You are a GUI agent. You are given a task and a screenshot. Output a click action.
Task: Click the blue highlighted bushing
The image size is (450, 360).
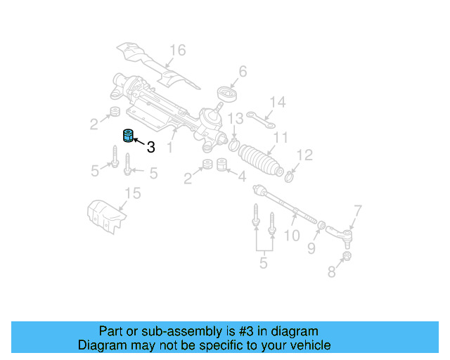point(128,135)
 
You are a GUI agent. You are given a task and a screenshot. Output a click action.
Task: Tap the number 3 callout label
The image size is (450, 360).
point(150,147)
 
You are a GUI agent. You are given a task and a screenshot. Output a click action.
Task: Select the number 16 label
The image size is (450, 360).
point(177,50)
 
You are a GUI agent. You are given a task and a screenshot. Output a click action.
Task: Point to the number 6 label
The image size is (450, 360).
point(243,71)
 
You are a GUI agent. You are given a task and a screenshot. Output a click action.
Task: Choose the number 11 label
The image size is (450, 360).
point(281,138)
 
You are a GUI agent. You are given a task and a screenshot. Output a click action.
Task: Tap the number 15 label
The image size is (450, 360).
point(132,193)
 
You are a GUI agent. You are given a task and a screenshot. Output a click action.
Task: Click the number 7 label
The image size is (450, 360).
point(357,210)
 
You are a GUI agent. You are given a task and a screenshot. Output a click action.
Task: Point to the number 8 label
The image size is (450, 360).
point(331,271)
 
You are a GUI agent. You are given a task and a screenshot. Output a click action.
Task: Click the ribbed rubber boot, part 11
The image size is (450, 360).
point(261,160)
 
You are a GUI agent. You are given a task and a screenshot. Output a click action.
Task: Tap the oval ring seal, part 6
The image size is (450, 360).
point(225,95)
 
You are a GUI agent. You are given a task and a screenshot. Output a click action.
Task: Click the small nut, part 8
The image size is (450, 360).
point(347,257)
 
